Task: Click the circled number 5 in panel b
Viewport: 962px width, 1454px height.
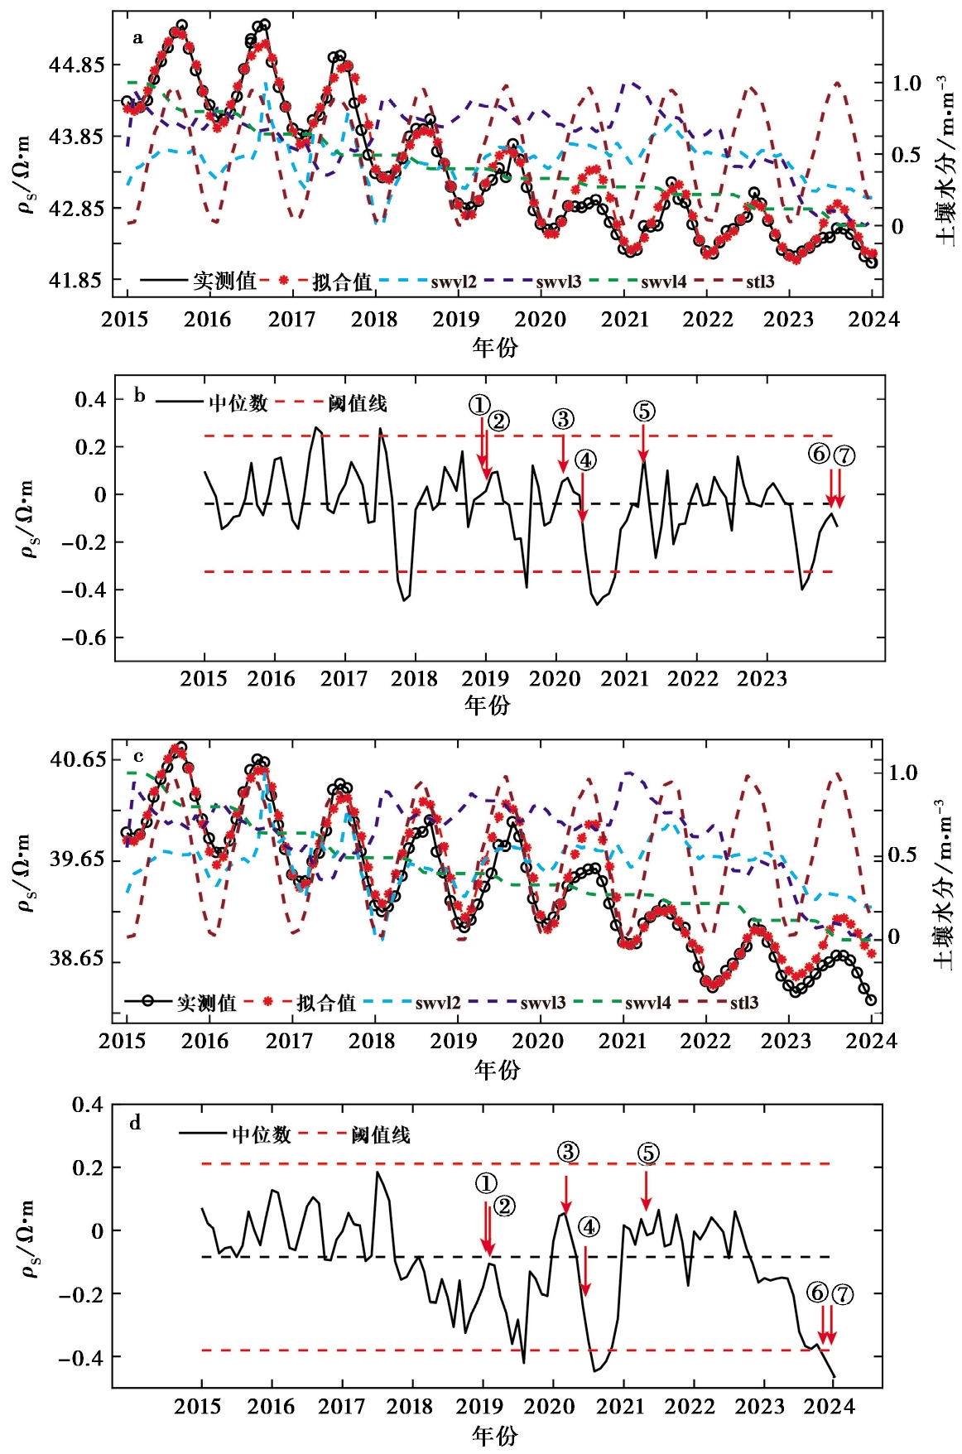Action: pyautogui.click(x=644, y=412)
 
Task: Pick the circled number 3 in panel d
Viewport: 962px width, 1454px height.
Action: pyautogui.click(x=568, y=1152)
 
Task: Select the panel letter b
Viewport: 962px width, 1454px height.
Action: pyautogui.click(x=139, y=396)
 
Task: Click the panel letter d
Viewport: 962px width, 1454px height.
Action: pyautogui.click(x=135, y=1124)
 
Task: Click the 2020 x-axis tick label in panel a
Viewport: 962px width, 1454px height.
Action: pyautogui.click(x=541, y=320)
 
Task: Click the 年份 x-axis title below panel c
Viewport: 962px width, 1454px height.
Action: pyautogui.click(x=498, y=1071)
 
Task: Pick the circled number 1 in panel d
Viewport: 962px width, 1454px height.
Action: pyautogui.click(x=487, y=1184)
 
